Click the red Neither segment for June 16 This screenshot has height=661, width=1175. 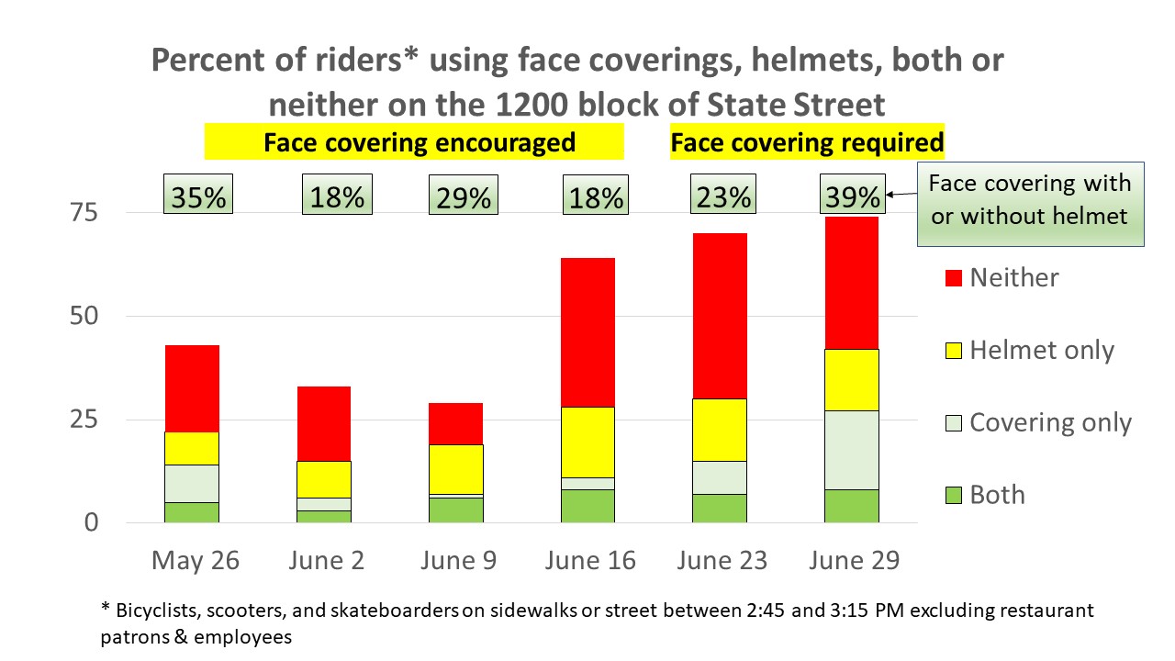point(587,332)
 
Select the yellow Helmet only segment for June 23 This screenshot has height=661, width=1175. point(720,430)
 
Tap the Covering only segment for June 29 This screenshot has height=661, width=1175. point(851,450)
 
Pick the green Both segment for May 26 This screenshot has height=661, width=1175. point(192,512)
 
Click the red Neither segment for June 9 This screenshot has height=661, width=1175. point(456,423)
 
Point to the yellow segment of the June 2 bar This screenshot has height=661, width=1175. point(323,479)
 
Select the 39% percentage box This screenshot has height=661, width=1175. point(852,195)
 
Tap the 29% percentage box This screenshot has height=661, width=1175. point(464,195)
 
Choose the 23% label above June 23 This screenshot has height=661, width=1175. point(722,195)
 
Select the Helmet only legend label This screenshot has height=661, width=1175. point(1041,350)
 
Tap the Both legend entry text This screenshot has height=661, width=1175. point(997,495)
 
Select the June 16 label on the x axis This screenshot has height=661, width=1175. point(588,561)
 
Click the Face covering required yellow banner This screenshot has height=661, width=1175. point(807,143)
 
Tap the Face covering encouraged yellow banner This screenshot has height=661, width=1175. point(419,143)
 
